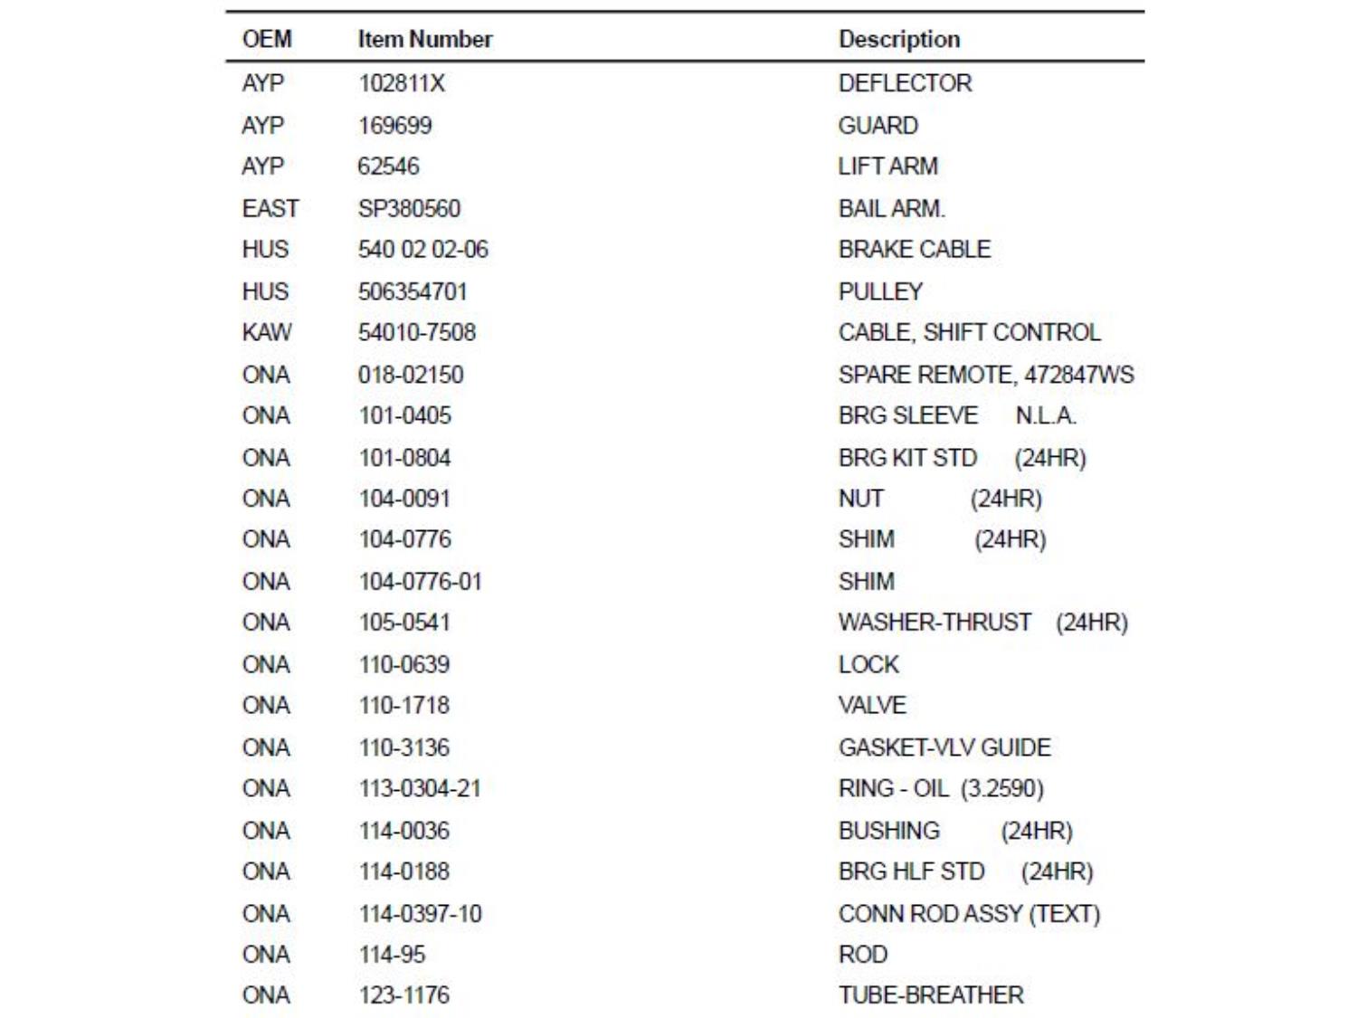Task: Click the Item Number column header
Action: click(424, 39)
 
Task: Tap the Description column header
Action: click(898, 39)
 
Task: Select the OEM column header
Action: click(267, 39)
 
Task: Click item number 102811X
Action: click(402, 83)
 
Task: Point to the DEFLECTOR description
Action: click(905, 83)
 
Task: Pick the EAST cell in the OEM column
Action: click(270, 208)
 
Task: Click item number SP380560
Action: click(409, 208)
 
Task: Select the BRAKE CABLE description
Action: click(914, 249)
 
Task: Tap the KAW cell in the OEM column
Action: click(267, 332)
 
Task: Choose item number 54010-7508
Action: click(416, 332)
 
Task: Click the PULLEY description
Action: click(880, 291)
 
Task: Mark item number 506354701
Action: click(413, 291)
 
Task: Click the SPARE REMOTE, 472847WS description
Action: click(985, 375)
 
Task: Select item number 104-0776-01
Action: click(420, 581)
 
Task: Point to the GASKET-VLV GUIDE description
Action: click(944, 747)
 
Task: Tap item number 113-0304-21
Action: click(419, 788)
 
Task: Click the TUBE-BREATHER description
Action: click(931, 994)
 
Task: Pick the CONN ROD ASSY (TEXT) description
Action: click(969, 913)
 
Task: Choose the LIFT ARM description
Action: click(887, 166)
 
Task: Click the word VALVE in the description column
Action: click(872, 705)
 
